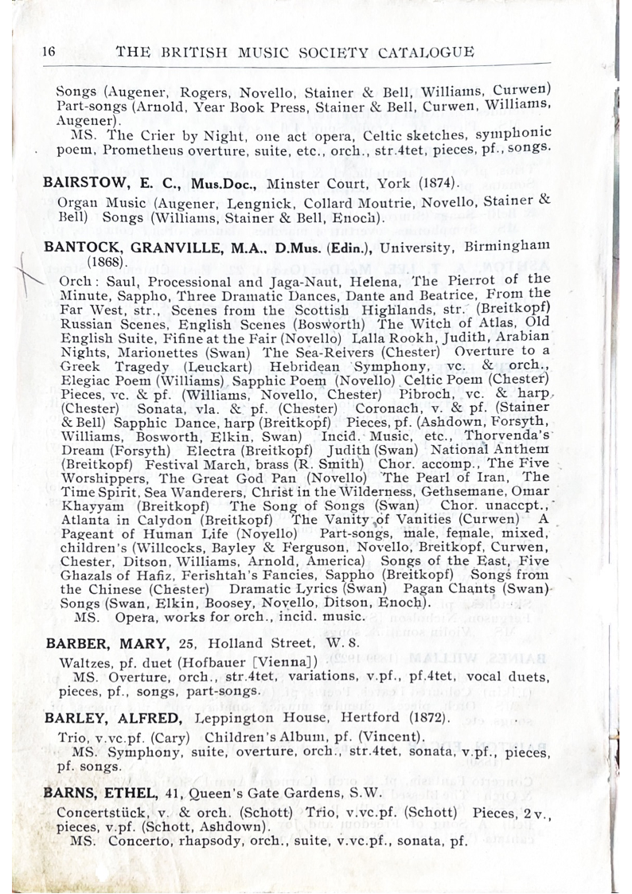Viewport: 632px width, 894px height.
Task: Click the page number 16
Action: tap(48, 52)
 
